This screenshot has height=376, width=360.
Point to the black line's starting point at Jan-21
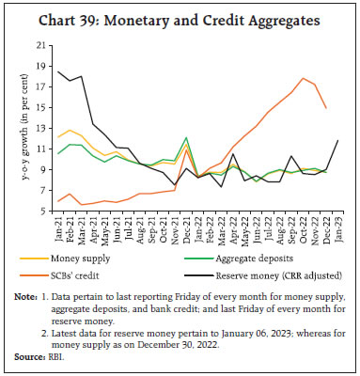click(59, 71)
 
